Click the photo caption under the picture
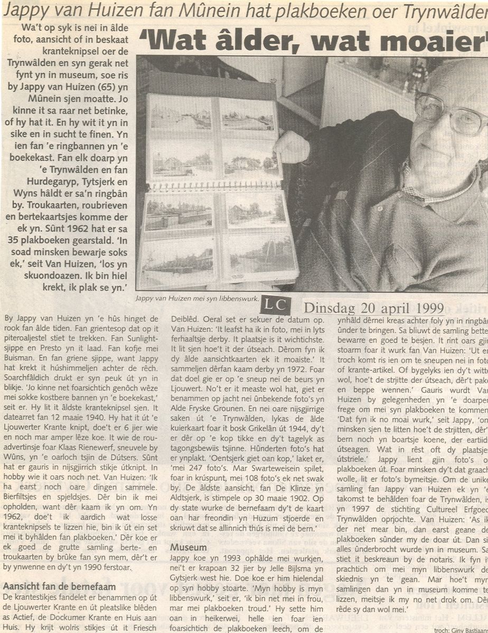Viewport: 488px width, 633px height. pyautogui.click(x=198, y=299)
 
